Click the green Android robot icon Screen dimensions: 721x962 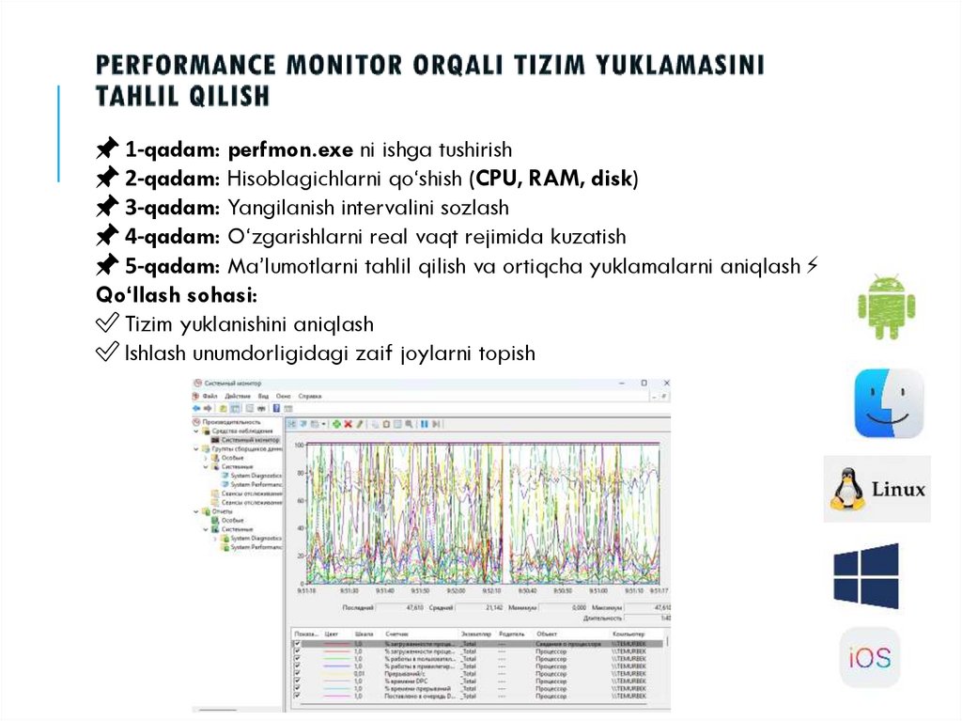[886, 306]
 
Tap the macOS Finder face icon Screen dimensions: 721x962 [889, 403]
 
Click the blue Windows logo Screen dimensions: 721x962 [866, 575]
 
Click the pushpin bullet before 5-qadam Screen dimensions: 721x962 [107, 265]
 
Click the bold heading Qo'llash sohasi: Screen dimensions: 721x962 [178, 294]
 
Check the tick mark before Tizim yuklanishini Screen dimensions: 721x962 [107, 324]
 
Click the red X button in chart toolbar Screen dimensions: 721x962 [348, 424]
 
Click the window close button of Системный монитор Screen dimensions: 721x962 [666, 384]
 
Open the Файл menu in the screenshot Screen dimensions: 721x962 [209, 397]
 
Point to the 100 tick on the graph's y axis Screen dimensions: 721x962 [299, 444]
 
